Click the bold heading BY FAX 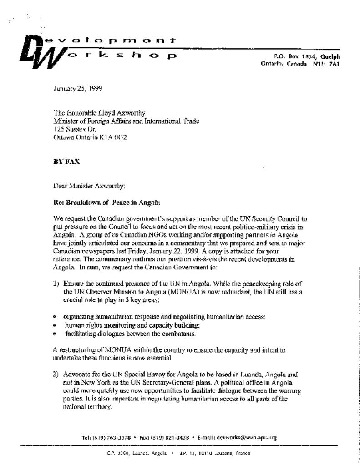click(66, 162)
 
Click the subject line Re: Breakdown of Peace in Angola click(106, 202)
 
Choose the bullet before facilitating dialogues click(55, 334)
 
